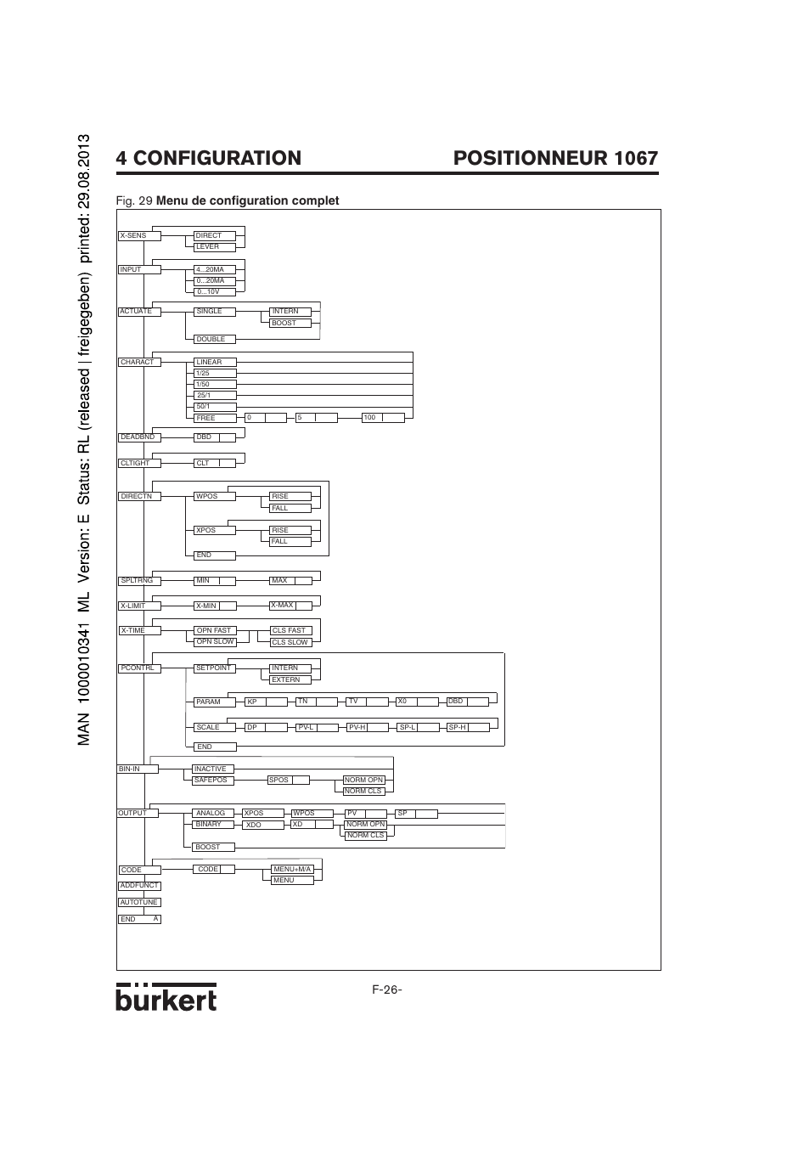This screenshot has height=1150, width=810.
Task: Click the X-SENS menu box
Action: coord(139,235)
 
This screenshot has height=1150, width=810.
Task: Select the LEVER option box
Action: coord(215,247)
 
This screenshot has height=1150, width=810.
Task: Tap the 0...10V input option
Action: coord(215,291)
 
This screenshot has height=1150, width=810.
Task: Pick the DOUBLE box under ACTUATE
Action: coord(215,339)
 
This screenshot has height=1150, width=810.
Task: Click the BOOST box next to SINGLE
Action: coord(290,323)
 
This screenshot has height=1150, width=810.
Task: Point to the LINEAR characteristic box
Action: coord(215,362)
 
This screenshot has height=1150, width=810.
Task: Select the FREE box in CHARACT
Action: coord(215,418)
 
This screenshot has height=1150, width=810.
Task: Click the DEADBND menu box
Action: coord(138,437)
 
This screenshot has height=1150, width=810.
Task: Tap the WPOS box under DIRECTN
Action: coord(215,496)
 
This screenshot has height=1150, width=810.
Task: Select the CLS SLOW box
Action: coord(290,642)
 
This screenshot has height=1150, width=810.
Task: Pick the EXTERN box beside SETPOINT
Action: coord(290,679)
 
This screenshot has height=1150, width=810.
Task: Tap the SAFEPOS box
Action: coord(211,780)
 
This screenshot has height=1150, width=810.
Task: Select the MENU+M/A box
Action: coord(292,869)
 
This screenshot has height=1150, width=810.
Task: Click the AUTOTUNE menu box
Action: coord(139,902)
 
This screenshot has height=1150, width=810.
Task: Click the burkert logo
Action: coord(166,997)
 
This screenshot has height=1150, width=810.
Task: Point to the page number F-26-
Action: coord(386,990)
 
